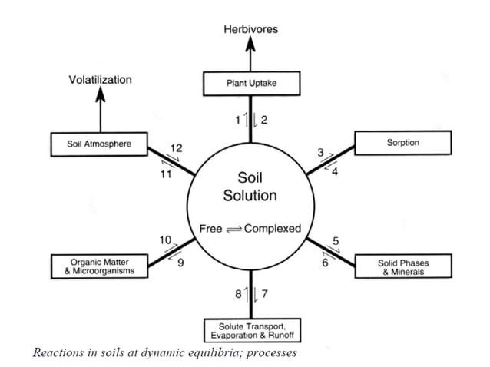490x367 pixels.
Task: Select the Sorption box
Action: (x=403, y=143)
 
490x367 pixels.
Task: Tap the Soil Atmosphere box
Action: (x=99, y=144)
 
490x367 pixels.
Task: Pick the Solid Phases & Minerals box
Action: (x=402, y=267)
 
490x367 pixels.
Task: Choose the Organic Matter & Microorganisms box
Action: (x=98, y=267)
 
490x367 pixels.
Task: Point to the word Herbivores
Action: (x=250, y=29)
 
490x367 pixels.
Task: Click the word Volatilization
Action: (x=100, y=79)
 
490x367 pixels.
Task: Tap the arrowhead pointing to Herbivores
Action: (x=250, y=44)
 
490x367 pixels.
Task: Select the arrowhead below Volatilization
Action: (x=100, y=94)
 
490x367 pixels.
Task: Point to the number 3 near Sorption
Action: (x=321, y=151)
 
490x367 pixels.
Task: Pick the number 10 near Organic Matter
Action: (x=165, y=240)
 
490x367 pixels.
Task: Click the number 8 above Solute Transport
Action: (x=238, y=294)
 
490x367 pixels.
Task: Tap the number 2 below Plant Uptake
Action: (x=263, y=119)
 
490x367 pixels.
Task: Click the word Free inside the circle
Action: (x=210, y=229)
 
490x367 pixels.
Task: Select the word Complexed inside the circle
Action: (x=273, y=229)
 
